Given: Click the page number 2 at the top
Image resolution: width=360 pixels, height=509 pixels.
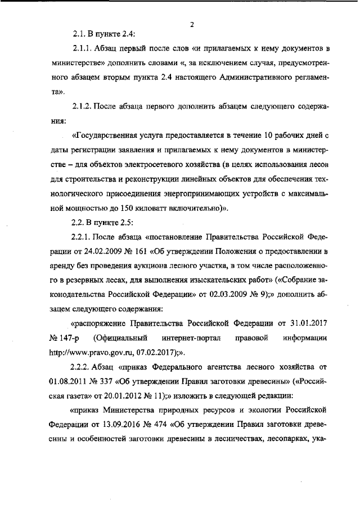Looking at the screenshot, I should point(192,24).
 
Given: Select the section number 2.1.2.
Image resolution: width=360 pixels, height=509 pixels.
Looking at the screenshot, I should point(84,105).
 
